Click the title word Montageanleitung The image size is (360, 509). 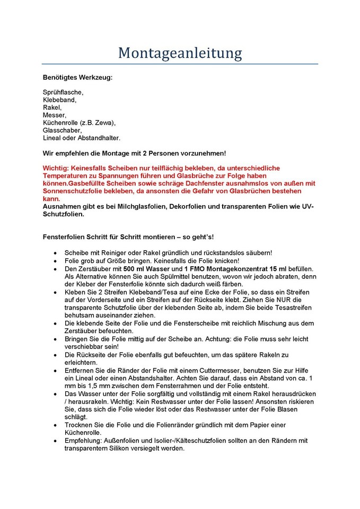click(x=180, y=52)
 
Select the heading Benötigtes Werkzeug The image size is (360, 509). click(x=77, y=77)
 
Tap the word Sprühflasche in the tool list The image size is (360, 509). click(x=63, y=92)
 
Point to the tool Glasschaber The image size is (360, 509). click(x=62, y=130)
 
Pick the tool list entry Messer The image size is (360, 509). click(x=54, y=115)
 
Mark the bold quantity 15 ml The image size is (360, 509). click(x=276, y=269)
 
